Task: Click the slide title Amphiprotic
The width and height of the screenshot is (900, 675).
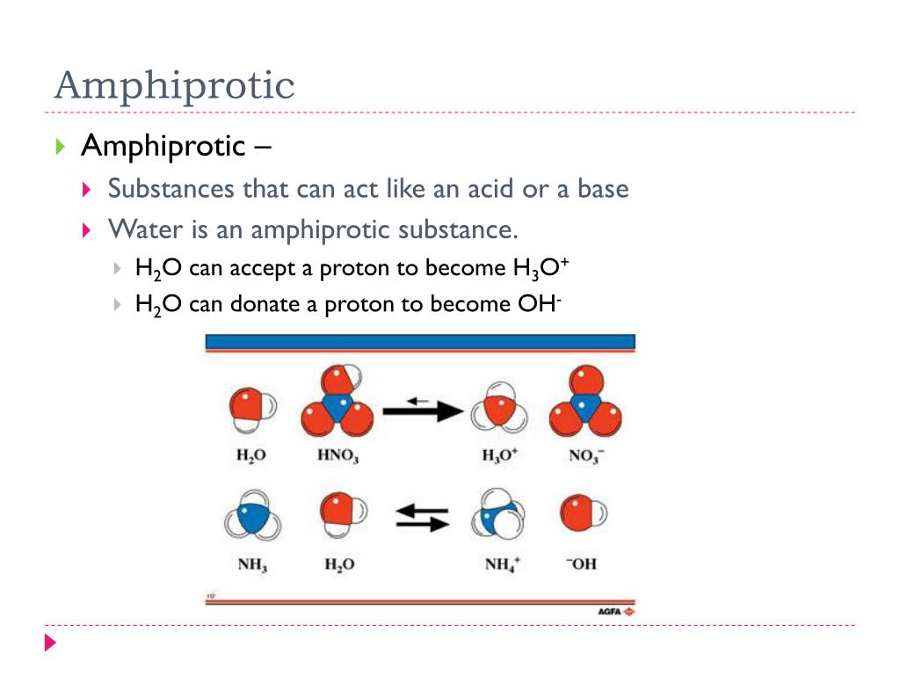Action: (174, 86)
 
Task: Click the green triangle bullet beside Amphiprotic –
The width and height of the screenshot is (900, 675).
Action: (60, 146)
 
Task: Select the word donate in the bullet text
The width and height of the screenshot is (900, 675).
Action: (265, 304)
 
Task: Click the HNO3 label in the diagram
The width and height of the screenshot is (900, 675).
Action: (337, 456)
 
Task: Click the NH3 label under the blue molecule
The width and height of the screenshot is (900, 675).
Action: (252, 564)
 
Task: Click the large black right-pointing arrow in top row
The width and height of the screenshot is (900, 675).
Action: (422, 410)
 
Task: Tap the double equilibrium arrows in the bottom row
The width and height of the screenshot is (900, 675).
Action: (422, 518)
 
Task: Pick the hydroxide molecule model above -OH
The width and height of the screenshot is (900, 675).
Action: (583, 512)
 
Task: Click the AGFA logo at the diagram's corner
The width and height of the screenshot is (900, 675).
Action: (615, 611)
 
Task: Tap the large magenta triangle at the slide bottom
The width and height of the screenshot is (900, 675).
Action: (50, 642)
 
